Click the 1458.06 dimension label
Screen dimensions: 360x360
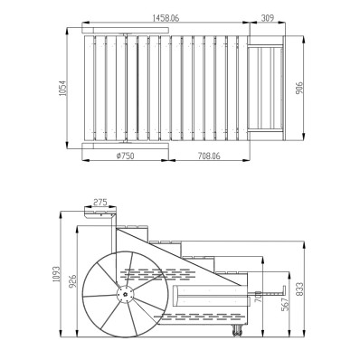click(x=166, y=18)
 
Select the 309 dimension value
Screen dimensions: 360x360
click(x=267, y=18)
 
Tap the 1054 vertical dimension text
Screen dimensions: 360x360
click(x=62, y=88)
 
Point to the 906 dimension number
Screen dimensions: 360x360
click(x=299, y=88)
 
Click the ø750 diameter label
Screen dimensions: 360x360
click(x=125, y=156)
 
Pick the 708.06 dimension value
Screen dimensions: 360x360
click(x=209, y=156)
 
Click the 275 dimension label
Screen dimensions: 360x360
click(x=100, y=203)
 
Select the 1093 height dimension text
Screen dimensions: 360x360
click(x=56, y=274)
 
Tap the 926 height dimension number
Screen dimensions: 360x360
click(x=72, y=281)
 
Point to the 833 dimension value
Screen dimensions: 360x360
click(x=299, y=289)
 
